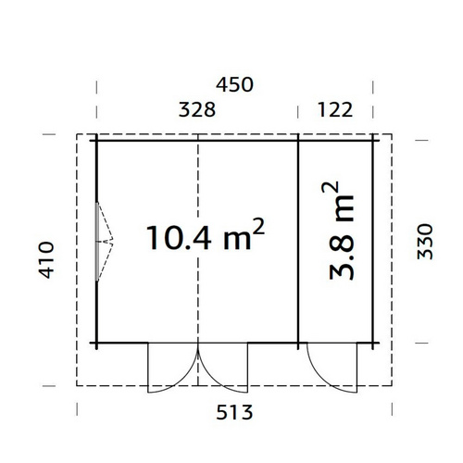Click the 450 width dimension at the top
pyautogui.click(x=234, y=85)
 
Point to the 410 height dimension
pyautogui.click(x=49, y=260)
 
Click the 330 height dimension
pyautogui.click(x=425, y=244)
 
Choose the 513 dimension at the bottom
pyautogui.click(x=234, y=409)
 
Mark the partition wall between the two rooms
pyautogui.click(x=298, y=241)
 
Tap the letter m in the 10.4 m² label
pyautogui.click(x=238, y=241)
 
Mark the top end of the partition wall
pyautogui.click(x=298, y=141)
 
